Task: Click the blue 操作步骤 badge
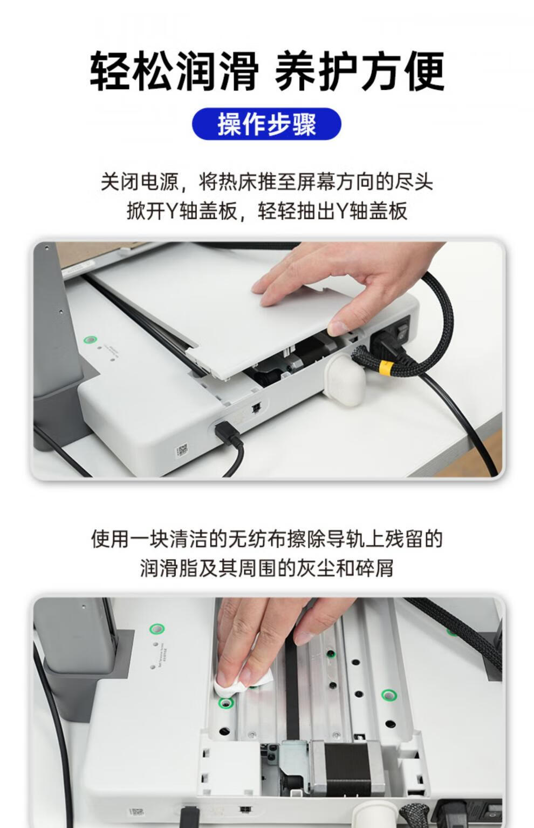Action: [266, 124]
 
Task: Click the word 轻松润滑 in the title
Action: [174, 71]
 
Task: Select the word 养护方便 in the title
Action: [360, 71]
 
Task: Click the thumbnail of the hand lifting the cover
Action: [268, 359]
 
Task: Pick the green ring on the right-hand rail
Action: [388, 695]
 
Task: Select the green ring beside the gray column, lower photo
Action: [156, 629]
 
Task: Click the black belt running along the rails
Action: [291, 680]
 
